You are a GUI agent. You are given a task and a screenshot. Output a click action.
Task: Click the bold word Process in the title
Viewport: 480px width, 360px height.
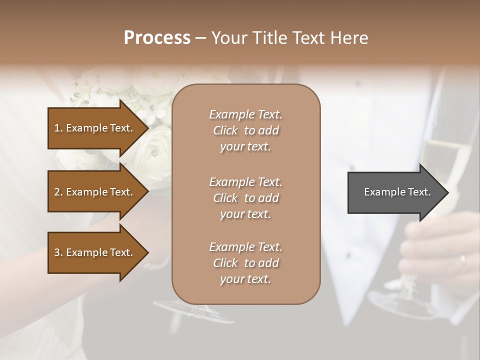[x=156, y=38]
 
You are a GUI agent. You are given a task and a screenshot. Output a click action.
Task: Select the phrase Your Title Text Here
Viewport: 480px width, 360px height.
[x=289, y=38]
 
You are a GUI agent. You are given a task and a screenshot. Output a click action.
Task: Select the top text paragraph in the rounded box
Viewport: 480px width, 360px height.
[x=245, y=130]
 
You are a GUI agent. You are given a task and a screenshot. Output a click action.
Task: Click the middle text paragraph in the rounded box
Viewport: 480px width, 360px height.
[x=245, y=197]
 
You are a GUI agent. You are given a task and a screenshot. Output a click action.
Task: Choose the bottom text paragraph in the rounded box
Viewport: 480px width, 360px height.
[x=245, y=263]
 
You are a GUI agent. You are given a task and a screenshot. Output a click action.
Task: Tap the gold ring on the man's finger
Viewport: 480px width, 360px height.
[x=462, y=259]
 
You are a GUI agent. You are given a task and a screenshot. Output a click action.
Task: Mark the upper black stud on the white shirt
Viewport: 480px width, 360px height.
[x=357, y=82]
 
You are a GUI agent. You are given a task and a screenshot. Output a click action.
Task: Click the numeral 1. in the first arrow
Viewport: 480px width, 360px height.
[x=58, y=128]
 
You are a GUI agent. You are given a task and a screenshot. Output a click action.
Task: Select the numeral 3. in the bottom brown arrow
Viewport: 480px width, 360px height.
[x=58, y=252]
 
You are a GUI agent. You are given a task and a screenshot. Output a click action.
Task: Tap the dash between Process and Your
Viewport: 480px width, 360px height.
[x=200, y=38]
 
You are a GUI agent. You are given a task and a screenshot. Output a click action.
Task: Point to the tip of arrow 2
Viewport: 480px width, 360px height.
[x=147, y=192]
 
